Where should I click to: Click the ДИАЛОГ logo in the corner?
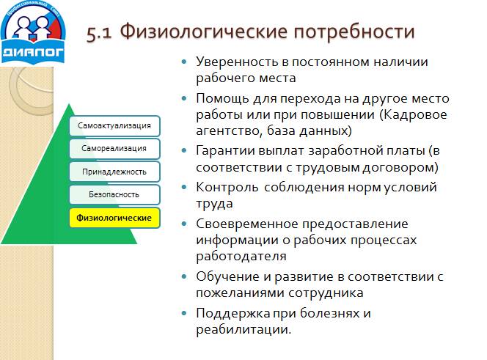click(x=32, y=32)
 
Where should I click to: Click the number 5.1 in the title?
click(x=99, y=33)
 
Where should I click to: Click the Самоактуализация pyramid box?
click(x=114, y=125)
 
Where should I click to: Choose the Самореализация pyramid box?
click(x=114, y=148)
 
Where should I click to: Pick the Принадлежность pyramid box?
click(x=114, y=172)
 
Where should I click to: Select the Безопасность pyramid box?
click(x=114, y=195)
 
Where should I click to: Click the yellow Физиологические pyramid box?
click(x=114, y=218)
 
